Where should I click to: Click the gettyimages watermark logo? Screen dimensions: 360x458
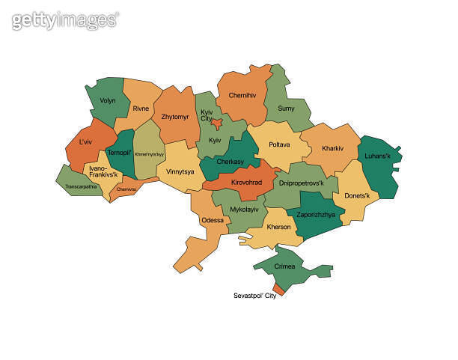tap(65, 20)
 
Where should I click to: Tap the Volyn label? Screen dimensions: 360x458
tap(109, 99)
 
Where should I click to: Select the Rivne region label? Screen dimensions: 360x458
tap(141, 109)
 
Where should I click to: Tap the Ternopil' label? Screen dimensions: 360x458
tap(119, 152)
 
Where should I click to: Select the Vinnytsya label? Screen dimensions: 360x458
tap(180, 171)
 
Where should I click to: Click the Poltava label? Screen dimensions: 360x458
tap(279, 144)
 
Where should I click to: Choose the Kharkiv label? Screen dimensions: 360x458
tap(332, 148)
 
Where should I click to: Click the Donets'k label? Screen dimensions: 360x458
tap(356, 196)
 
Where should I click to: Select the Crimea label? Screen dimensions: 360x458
tap(284, 266)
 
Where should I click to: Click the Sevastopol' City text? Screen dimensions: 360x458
tap(255, 296)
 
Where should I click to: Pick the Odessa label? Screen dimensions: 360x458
tap(213, 220)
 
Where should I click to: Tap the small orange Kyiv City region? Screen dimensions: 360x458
tap(216, 124)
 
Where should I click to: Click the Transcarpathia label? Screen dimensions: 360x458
tap(81, 186)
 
